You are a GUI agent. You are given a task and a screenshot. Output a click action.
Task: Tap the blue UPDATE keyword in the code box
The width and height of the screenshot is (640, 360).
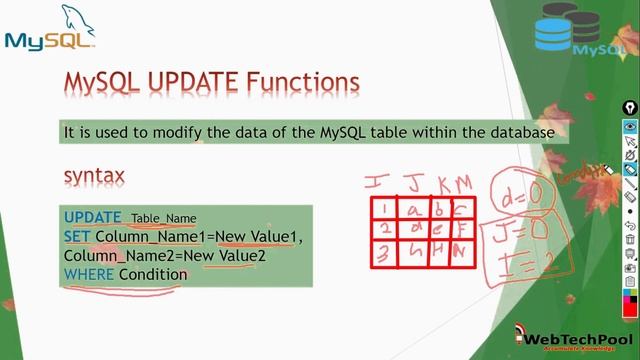[92, 218]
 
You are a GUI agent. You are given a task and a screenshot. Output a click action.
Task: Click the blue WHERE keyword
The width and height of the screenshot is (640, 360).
[89, 274]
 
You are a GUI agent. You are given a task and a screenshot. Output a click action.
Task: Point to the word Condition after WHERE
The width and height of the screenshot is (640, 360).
[152, 274]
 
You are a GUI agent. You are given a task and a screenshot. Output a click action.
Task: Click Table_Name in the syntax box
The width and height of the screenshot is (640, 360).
[164, 219]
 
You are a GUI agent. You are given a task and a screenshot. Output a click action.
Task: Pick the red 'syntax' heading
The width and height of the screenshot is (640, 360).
[94, 176]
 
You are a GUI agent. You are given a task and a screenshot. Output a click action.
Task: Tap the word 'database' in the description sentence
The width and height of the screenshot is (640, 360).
[520, 132]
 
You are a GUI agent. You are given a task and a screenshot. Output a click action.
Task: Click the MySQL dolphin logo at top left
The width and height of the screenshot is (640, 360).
[50, 30]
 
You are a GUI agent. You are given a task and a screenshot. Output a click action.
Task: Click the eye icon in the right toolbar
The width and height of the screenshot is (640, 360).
[630, 127]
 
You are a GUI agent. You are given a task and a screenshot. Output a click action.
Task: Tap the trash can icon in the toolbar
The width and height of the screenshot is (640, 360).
[630, 239]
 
